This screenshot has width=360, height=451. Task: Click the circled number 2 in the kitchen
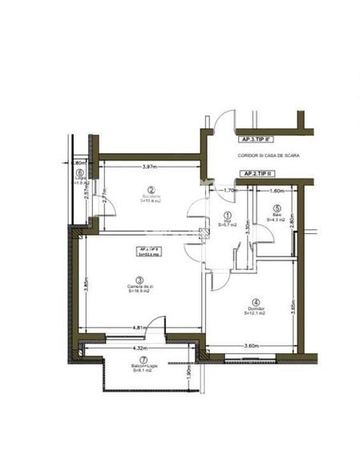tap(150, 188)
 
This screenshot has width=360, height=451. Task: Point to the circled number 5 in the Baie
tap(276, 207)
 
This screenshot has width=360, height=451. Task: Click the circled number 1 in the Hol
tap(227, 215)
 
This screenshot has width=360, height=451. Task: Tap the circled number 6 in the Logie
tap(79, 172)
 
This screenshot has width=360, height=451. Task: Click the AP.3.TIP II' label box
tap(256, 138)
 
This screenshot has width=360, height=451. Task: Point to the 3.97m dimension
tap(149, 167)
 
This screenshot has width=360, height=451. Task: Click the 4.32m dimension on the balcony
tap(141, 348)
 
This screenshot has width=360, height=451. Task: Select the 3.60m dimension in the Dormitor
tap(253, 346)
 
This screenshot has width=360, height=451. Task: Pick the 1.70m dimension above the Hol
tap(229, 191)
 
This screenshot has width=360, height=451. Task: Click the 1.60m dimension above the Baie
tap(276, 191)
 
